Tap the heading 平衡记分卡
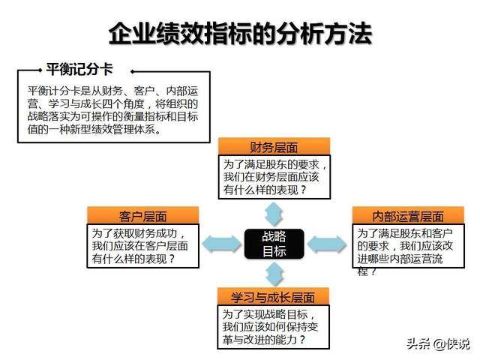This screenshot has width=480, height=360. point(79,69)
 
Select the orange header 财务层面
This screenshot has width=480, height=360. point(274,147)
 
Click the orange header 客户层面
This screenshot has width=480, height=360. point(143,215)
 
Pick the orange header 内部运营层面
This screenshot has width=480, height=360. point(408,215)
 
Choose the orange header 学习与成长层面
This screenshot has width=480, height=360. point(273,296)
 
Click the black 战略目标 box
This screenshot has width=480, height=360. point(274,244)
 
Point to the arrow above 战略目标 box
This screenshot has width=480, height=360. point(274,214)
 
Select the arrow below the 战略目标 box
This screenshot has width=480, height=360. point(274,274)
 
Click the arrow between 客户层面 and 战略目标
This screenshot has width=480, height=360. point(222,244)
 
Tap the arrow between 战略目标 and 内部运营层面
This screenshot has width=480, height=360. point(327,244)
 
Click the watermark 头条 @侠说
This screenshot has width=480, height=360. point(438,343)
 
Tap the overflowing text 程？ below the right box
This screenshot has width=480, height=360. point(367,271)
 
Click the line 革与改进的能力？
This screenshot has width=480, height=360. point(264,340)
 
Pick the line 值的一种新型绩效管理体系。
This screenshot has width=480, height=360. point(94,129)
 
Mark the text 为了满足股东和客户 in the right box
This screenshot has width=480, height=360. point(405,233)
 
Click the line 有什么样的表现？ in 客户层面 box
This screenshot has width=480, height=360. point(133,259)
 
